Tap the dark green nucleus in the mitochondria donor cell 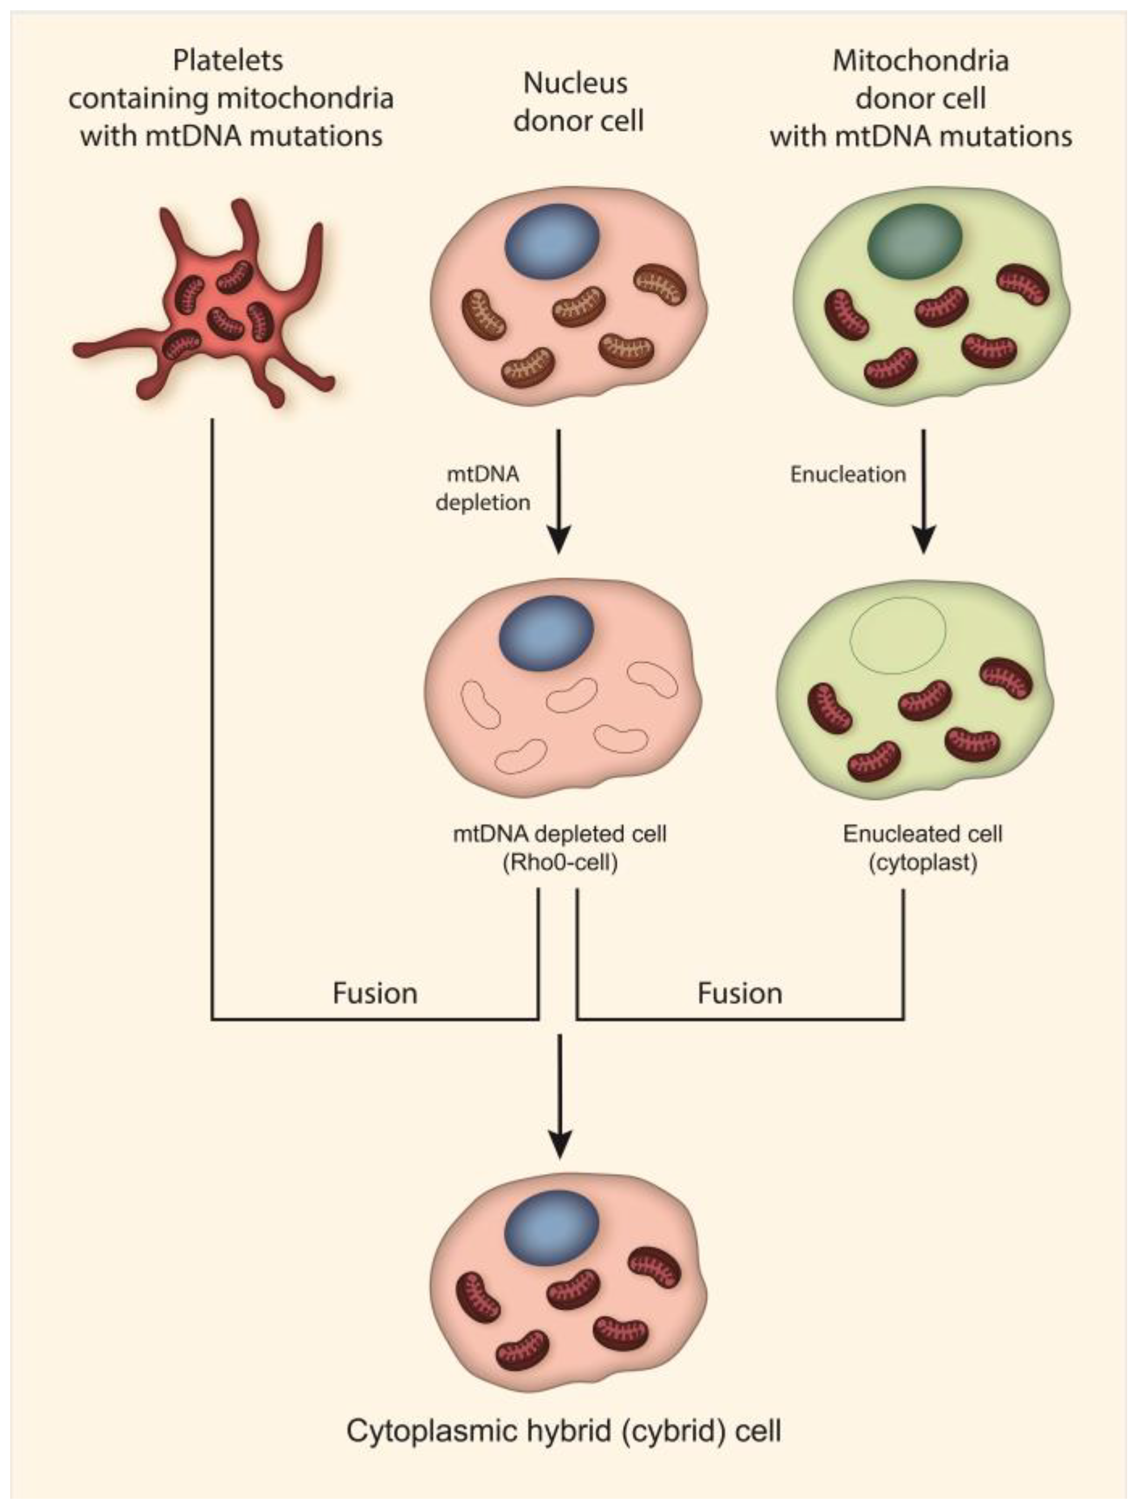[x=914, y=241]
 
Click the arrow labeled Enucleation [x=924, y=491]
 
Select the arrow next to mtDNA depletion [x=559, y=491]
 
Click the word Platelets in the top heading [x=228, y=61]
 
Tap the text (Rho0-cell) [x=560, y=863]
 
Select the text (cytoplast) [x=923, y=863]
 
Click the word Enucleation [x=848, y=474]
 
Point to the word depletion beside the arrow [x=483, y=503]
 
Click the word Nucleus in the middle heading [x=575, y=83]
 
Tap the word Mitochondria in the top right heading [x=920, y=61]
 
